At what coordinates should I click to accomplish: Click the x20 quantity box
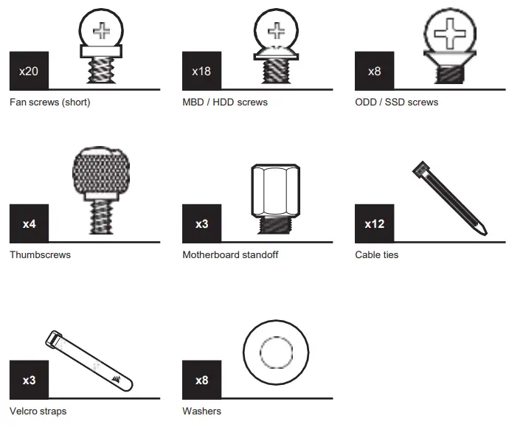(x=29, y=71)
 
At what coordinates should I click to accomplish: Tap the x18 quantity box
(x=201, y=71)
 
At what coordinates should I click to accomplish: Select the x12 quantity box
(x=374, y=223)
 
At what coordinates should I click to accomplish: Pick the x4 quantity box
(x=29, y=223)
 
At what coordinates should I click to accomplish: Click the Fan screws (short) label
(x=50, y=103)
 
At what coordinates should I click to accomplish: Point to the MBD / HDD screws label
(x=225, y=103)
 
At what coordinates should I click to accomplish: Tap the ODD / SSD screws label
(x=397, y=103)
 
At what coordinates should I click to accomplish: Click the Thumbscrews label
(x=41, y=254)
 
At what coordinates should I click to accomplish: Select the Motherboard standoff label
(x=230, y=254)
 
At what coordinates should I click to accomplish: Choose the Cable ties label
(x=376, y=254)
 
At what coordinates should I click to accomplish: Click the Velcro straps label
(x=38, y=411)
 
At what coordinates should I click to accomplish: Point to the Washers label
(x=201, y=411)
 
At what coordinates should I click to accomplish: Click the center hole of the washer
(x=276, y=353)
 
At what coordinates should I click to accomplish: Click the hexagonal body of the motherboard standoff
(x=276, y=190)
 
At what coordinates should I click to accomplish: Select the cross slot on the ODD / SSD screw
(x=450, y=33)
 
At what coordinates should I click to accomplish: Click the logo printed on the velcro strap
(x=116, y=378)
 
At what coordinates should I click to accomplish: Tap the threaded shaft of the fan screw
(x=101, y=70)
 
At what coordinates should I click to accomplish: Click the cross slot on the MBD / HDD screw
(x=276, y=31)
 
